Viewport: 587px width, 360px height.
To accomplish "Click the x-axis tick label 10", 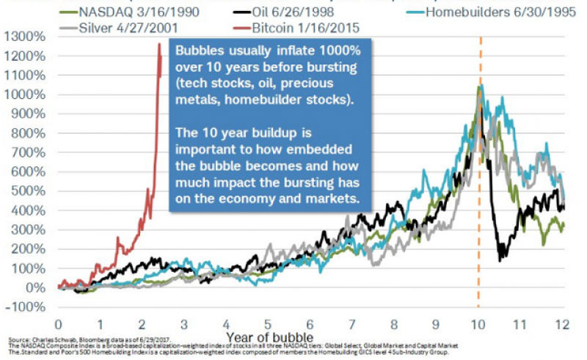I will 478,323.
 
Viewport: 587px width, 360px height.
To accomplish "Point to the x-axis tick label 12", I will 563,323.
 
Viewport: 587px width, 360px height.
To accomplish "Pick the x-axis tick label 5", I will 269,323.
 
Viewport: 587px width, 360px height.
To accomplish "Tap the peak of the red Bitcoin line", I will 159,44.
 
